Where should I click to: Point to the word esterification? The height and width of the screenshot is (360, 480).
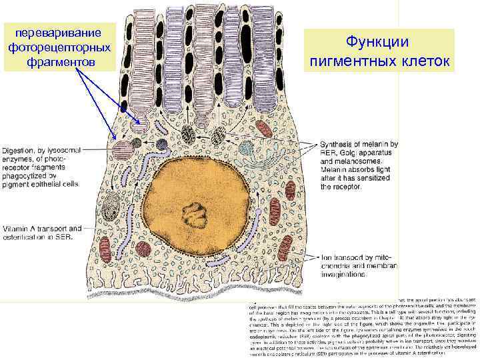(x=32, y=237)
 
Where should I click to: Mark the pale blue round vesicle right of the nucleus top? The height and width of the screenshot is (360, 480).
(x=246, y=148)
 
